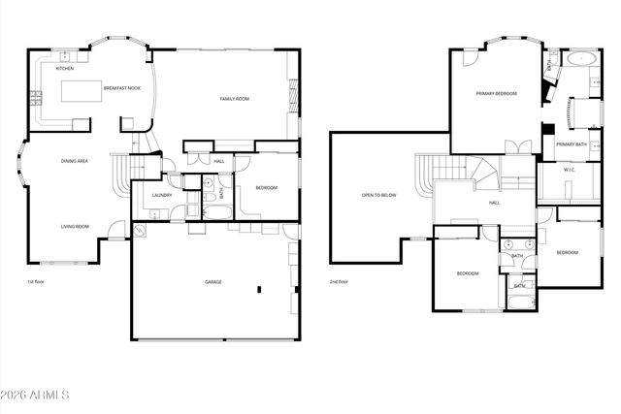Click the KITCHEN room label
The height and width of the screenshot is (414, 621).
point(64,69)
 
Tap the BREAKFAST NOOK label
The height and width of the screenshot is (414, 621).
point(122,88)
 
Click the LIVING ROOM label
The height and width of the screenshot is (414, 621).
point(75,227)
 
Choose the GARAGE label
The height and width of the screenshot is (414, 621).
point(212,282)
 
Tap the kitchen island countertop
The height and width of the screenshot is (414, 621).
point(83,92)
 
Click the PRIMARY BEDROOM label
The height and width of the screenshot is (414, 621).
point(496,94)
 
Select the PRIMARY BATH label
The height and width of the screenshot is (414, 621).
point(572,144)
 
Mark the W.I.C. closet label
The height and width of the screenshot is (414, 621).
point(571,171)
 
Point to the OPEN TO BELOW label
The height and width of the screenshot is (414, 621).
point(379,196)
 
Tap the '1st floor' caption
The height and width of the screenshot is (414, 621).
point(37,282)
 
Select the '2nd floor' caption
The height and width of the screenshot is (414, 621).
point(341,282)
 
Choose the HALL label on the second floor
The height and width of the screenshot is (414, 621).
point(494,203)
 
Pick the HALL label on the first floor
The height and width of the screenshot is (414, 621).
point(219,161)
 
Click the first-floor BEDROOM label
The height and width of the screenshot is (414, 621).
point(266,188)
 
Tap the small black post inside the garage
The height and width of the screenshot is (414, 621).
point(259,289)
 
